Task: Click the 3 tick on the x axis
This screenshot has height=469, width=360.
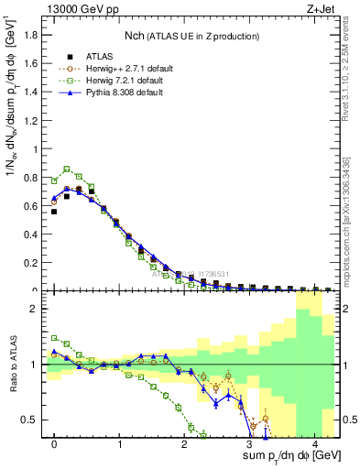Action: pyautogui.click(x=249, y=442)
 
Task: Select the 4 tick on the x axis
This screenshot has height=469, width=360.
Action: pyautogui.click(x=314, y=442)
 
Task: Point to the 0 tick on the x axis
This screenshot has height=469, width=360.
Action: pyautogui.click(x=54, y=442)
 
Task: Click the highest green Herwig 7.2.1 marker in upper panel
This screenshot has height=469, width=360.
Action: pyautogui.click(x=67, y=169)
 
